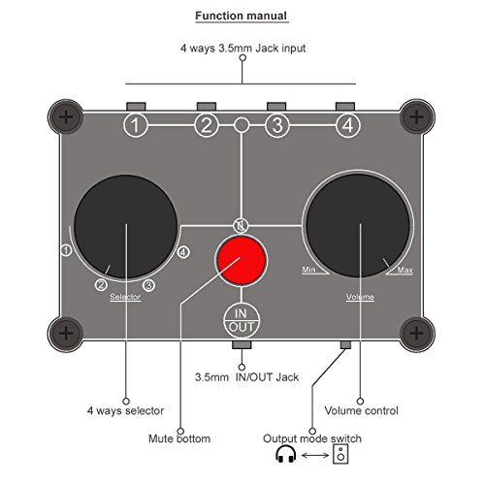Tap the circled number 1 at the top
(138, 125)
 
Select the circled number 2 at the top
(206, 125)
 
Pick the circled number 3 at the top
(276, 125)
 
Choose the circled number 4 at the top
(346, 125)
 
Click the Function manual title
(242, 16)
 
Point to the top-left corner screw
(66, 117)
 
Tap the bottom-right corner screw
(417, 331)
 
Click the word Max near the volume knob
(406, 270)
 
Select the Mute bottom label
(179, 437)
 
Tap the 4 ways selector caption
(126, 408)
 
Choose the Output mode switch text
(311, 437)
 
